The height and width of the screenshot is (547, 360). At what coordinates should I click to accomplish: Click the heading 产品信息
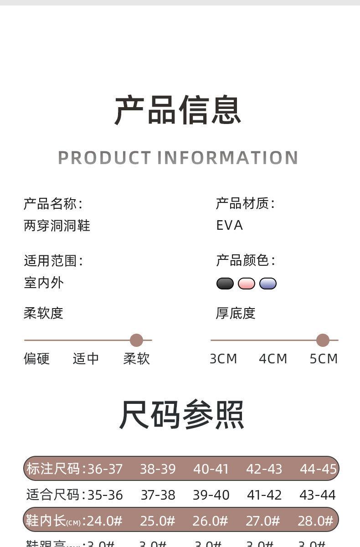[178, 110]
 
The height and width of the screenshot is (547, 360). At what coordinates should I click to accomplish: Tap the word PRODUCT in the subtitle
[103, 158]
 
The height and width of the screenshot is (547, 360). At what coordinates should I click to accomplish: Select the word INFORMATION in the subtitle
[228, 158]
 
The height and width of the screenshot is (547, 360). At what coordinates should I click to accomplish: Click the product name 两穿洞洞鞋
[57, 226]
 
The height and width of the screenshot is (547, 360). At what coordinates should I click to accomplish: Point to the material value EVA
[229, 226]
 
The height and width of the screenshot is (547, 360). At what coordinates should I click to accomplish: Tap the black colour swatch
[225, 284]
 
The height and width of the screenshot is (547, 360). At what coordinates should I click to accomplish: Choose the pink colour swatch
[247, 284]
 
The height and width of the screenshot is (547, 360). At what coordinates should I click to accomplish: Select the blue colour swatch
[268, 284]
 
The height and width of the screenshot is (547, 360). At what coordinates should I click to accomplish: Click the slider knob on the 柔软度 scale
[136, 340]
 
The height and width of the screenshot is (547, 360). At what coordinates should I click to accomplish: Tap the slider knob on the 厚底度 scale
[323, 340]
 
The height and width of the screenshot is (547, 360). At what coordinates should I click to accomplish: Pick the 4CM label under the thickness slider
[273, 359]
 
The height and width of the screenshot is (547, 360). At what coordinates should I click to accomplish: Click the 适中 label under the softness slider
[86, 359]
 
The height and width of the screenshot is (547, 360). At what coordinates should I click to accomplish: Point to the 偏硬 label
[36, 359]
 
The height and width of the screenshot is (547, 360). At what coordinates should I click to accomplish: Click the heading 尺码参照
[181, 415]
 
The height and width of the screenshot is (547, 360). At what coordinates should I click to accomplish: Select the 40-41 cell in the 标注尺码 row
[211, 469]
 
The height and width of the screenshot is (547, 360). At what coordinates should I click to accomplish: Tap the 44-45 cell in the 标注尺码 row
[318, 469]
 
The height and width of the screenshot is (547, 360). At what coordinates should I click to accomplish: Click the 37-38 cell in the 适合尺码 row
[158, 495]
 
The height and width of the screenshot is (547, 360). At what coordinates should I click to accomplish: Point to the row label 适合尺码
[53, 495]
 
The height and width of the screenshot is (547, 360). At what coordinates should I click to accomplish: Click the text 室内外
[44, 283]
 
